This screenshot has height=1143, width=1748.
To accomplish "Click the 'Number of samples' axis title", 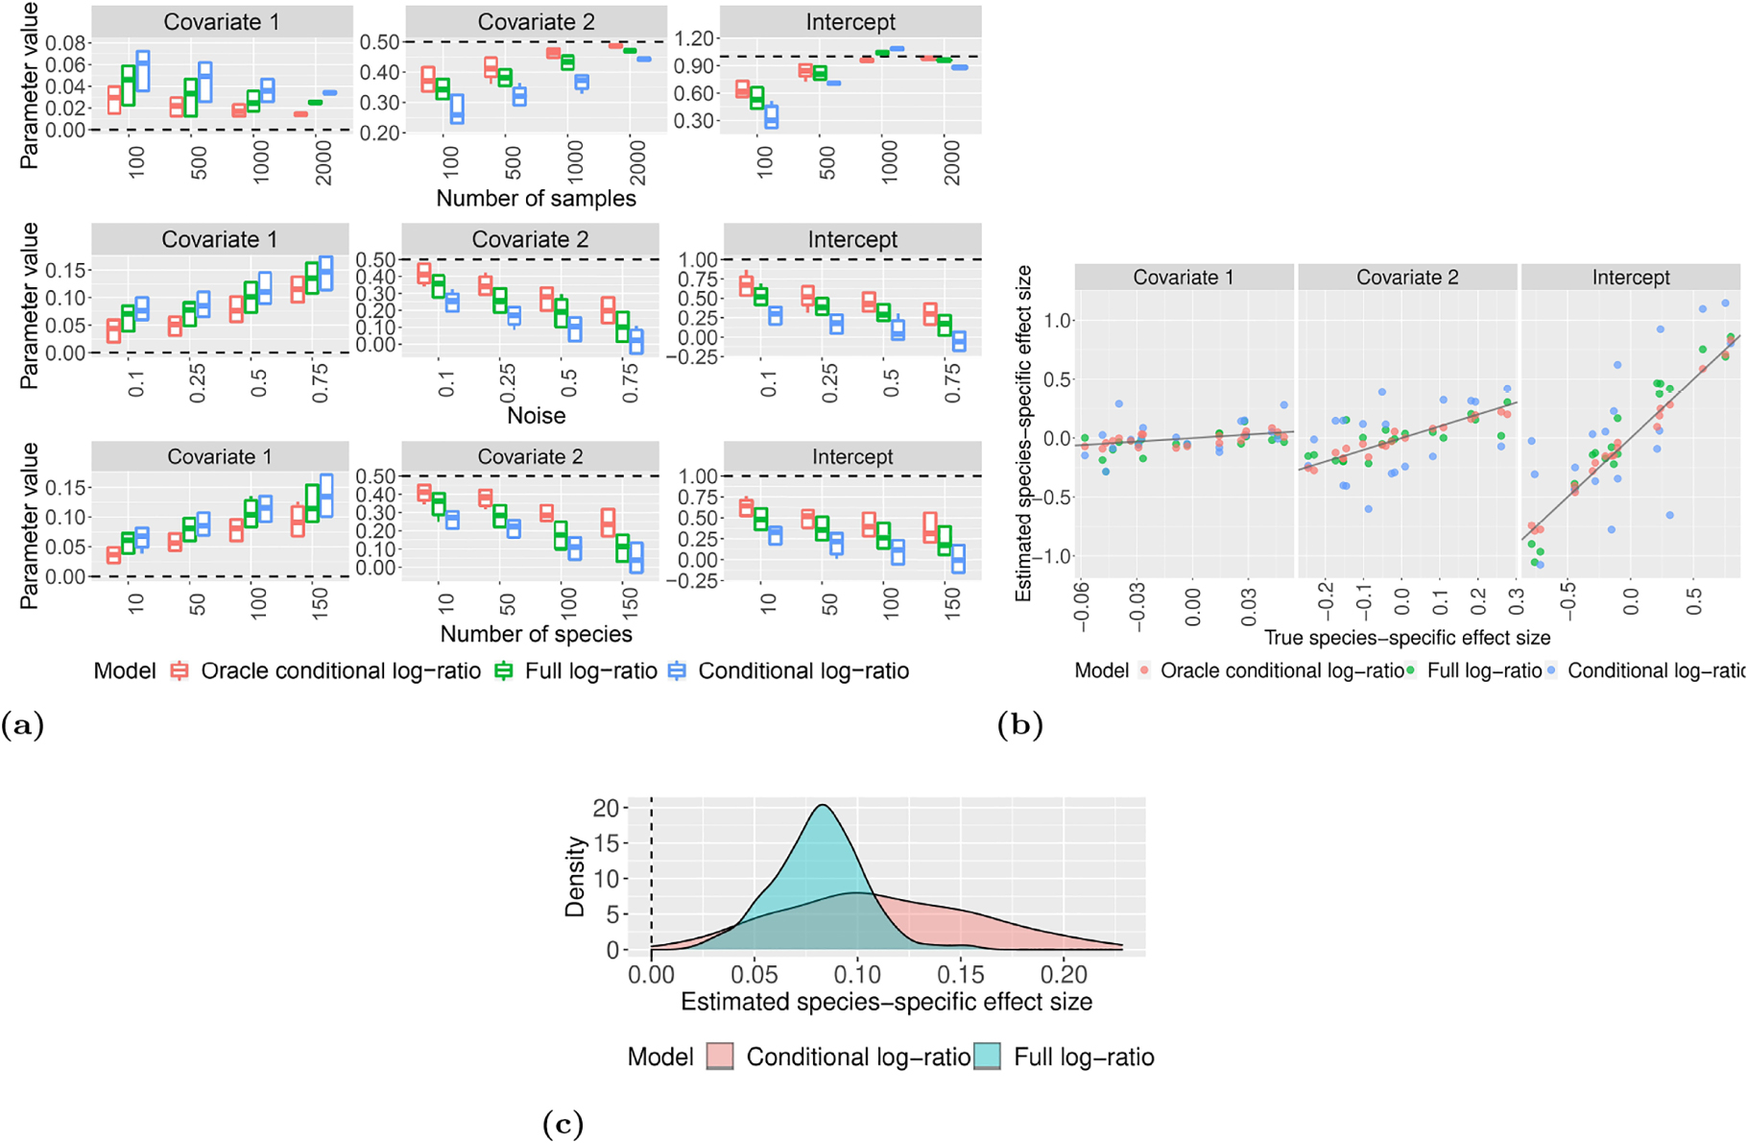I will coord(536,199).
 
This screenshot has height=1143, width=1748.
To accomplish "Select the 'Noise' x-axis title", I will coord(536,416).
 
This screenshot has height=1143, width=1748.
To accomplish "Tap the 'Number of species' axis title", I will coord(536,634).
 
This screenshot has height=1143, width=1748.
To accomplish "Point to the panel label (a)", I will coord(22,725).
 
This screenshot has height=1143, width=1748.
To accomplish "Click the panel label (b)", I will coord(1019,725).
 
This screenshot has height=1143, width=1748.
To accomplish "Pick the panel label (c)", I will coord(563,1123).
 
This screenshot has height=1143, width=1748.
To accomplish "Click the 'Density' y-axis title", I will coord(576,876).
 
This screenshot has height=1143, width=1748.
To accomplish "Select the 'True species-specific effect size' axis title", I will coord(1407,638).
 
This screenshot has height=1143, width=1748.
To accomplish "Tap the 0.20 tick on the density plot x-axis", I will coord(1065,974).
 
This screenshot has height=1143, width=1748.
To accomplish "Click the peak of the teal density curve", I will coord(824,805).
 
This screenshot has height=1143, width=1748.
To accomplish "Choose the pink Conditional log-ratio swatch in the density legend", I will coord(720,1057).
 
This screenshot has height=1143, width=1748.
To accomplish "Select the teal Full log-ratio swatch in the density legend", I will coord(987,1057).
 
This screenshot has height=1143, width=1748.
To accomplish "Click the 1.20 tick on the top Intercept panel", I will coord(695,38).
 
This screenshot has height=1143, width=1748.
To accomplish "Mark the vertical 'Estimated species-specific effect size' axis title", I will coord(1023,434).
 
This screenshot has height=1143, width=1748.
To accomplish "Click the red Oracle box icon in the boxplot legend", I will coord(180,670).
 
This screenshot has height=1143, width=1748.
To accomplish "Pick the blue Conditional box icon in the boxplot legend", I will coord(677,670).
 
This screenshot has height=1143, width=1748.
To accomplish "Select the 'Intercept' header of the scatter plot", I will coord(1630,278).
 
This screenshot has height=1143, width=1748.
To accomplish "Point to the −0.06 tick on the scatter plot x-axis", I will coord(1083,607).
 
